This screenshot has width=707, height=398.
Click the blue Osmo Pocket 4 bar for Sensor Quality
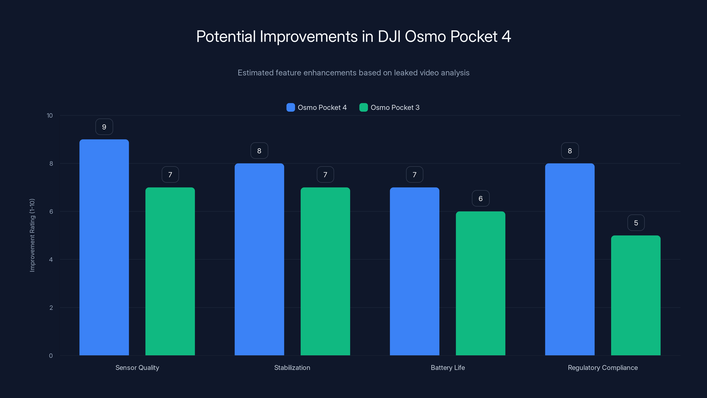click(x=104, y=247)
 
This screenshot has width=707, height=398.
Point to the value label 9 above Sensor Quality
click(x=104, y=127)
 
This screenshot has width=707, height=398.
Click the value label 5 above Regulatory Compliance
click(x=636, y=223)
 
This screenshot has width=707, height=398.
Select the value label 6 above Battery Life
click(x=481, y=199)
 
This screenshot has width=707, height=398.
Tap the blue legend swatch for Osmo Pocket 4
click(x=290, y=107)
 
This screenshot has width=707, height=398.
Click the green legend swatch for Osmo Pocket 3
click(x=363, y=107)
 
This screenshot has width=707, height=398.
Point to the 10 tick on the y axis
click(x=50, y=116)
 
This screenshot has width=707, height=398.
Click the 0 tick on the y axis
click(x=51, y=356)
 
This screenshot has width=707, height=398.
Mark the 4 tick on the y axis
click(x=51, y=260)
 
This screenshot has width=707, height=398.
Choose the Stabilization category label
click(x=292, y=367)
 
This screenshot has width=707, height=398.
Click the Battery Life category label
click(x=448, y=367)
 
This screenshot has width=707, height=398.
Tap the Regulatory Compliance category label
click(x=603, y=367)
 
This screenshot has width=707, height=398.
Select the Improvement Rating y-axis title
click(x=32, y=235)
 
